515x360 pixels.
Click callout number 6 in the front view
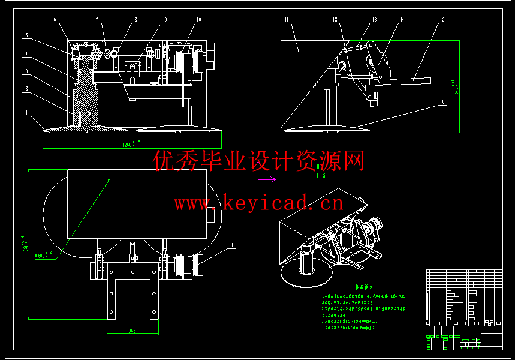click(x=55, y=20)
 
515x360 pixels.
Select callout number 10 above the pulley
click(x=198, y=20)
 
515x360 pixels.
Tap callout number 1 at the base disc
click(x=27, y=112)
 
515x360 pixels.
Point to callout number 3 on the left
click(x=27, y=71)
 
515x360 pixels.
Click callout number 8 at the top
click(x=135, y=20)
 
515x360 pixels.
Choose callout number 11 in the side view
click(x=287, y=20)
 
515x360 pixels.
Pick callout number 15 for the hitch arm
click(x=442, y=20)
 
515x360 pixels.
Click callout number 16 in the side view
click(x=442, y=103)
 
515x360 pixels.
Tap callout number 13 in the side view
click(x=375, y=20)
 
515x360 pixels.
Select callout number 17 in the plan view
click(x=231, y=245)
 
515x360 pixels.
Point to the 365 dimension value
click(x=132, y=331)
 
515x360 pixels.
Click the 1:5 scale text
click(x=321, y=176)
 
